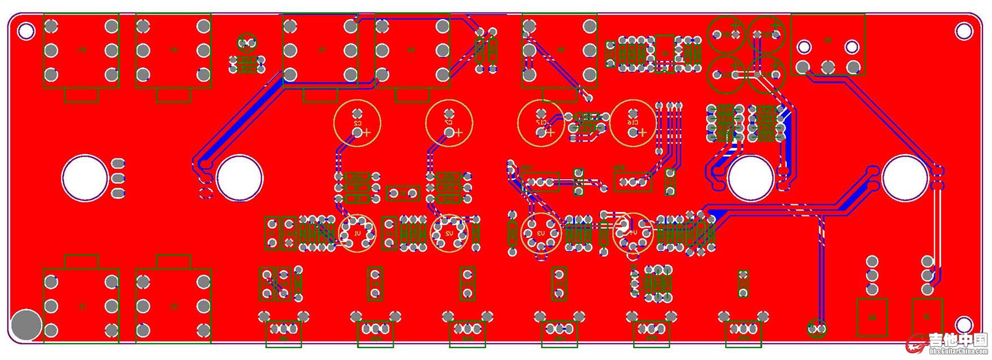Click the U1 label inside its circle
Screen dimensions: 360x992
tap(357, 233)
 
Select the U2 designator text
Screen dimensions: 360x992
tap(449, 233)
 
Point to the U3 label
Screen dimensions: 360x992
tap(540, 233)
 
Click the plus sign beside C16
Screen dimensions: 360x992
tap(642, 133)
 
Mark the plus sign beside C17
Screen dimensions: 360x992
tap(550, 133)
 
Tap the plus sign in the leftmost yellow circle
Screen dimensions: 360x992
tap(366, 133)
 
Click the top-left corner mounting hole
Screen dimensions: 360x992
tap(26, 31)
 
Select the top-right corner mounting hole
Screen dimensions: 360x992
tap(964, 31)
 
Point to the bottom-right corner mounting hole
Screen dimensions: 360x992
tap(964, 324)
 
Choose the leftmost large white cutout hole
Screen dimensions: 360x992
tap(85, 178)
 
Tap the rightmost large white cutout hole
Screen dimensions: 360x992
tap(905, 178)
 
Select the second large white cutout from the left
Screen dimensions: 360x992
tap(240, 178)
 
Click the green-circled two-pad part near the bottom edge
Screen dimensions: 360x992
tap(816, 328)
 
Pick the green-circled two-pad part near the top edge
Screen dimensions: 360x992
tap(246, 42)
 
